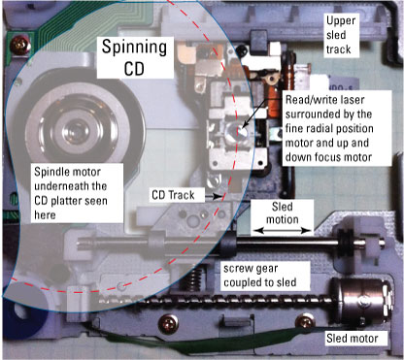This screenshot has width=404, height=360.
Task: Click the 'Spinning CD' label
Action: [135, 57]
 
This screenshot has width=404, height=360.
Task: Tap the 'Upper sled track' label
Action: [341, 35]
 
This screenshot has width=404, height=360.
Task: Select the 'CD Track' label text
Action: [173, 195]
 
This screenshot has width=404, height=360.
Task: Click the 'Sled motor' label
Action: [353, 339]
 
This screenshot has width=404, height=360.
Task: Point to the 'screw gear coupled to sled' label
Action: [260, 276]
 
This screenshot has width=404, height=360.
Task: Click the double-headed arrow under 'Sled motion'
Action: [282, 231]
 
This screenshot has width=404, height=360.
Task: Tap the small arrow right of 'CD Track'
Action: [218, 196]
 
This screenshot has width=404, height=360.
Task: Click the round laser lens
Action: [236, 132]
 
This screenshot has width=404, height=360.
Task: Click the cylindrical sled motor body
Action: [363, 301]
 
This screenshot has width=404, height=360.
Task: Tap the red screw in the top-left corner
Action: [20, 46]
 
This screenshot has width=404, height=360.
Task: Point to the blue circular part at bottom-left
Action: [22, 311]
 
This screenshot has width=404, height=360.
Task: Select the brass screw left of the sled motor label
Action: [305, 321]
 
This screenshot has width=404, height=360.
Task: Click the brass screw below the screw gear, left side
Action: [168, 322]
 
